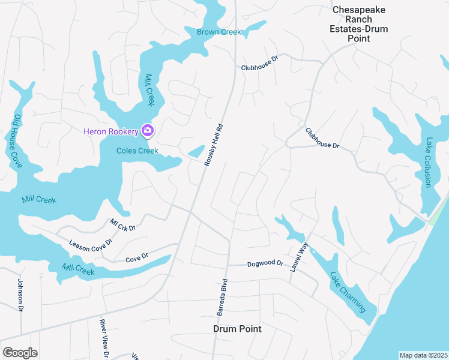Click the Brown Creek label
coord(219,32)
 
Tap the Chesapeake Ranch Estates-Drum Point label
coord(360,24)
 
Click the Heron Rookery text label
coord(110,131)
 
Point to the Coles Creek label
coord(137,151)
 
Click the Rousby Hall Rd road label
coord(213,145)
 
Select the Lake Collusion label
coord(429,163)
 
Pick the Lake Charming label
coord(348,292)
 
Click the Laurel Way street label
coord(298,257)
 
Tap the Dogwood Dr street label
coord(265,263)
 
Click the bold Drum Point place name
coord(238,329)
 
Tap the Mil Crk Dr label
coord(123,224)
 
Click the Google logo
coord(20,352)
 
